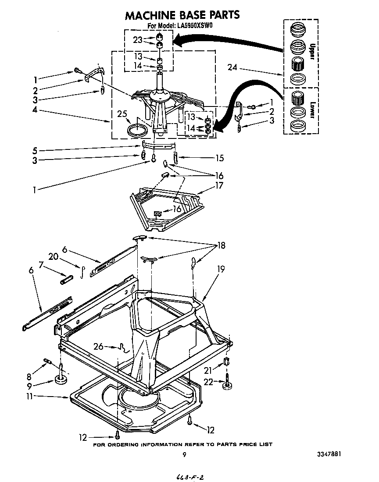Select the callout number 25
[x=122, y=114]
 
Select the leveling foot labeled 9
[x=61, y=379]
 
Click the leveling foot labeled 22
[x=227, y=386]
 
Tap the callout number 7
[x=42, y=265]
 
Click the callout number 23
[x=138, y=39]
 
